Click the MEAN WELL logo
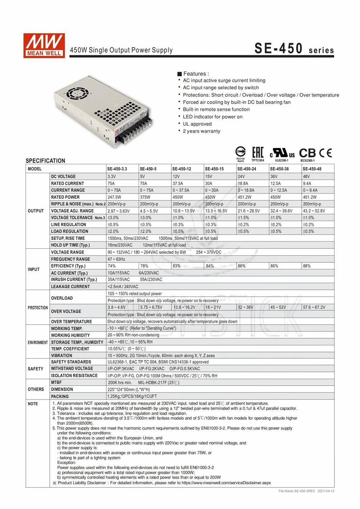(x=44, y=45)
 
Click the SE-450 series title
(x=294, y=49)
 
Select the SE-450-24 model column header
(x=247, y=169)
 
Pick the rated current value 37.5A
(x=178, y=183)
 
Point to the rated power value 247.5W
(x=114, y=197)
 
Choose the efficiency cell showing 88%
(x=307, y=266)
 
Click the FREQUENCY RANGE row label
(x=71, y=259)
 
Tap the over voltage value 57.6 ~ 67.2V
(x=314, y=307)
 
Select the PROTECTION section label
(x=37, y=308)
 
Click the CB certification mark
(x=307, y=153)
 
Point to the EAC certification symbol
(x=257, y=153)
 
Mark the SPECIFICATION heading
(x=45, y=161)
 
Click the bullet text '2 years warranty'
(x=202, y=131)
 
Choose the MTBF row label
(x=57, y=382)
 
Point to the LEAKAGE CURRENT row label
(x=70, y=287)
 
